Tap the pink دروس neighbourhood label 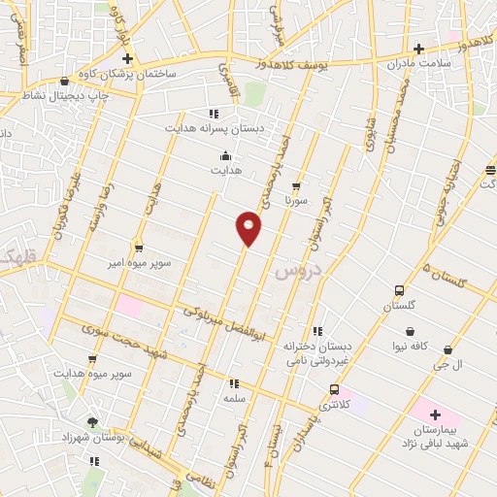294,271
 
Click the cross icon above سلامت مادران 418,49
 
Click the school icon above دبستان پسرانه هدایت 213,113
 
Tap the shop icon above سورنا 296,185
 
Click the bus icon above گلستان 399,290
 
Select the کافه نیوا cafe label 407,347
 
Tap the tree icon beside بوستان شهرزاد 92,422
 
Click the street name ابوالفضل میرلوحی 224,321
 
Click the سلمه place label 234,398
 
